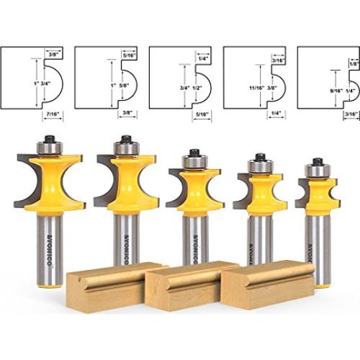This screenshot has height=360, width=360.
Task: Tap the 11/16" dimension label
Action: click(x=252, y=84)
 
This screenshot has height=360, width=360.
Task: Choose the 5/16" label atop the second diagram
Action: click(x=130, y=53)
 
